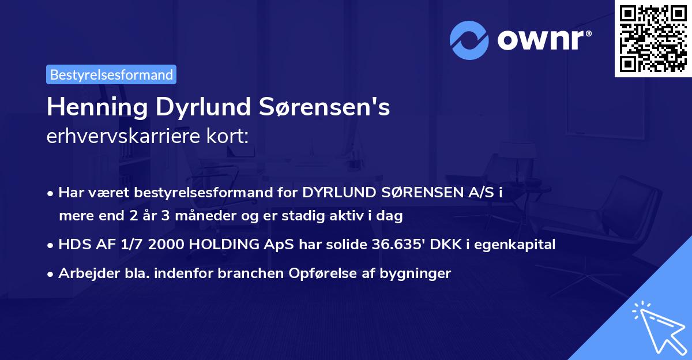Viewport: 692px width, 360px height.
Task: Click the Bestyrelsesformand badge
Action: click(x=111, y=74)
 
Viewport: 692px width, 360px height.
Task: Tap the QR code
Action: click(x=653, y=38)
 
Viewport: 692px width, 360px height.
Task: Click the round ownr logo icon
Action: click(x=469, y=40)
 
